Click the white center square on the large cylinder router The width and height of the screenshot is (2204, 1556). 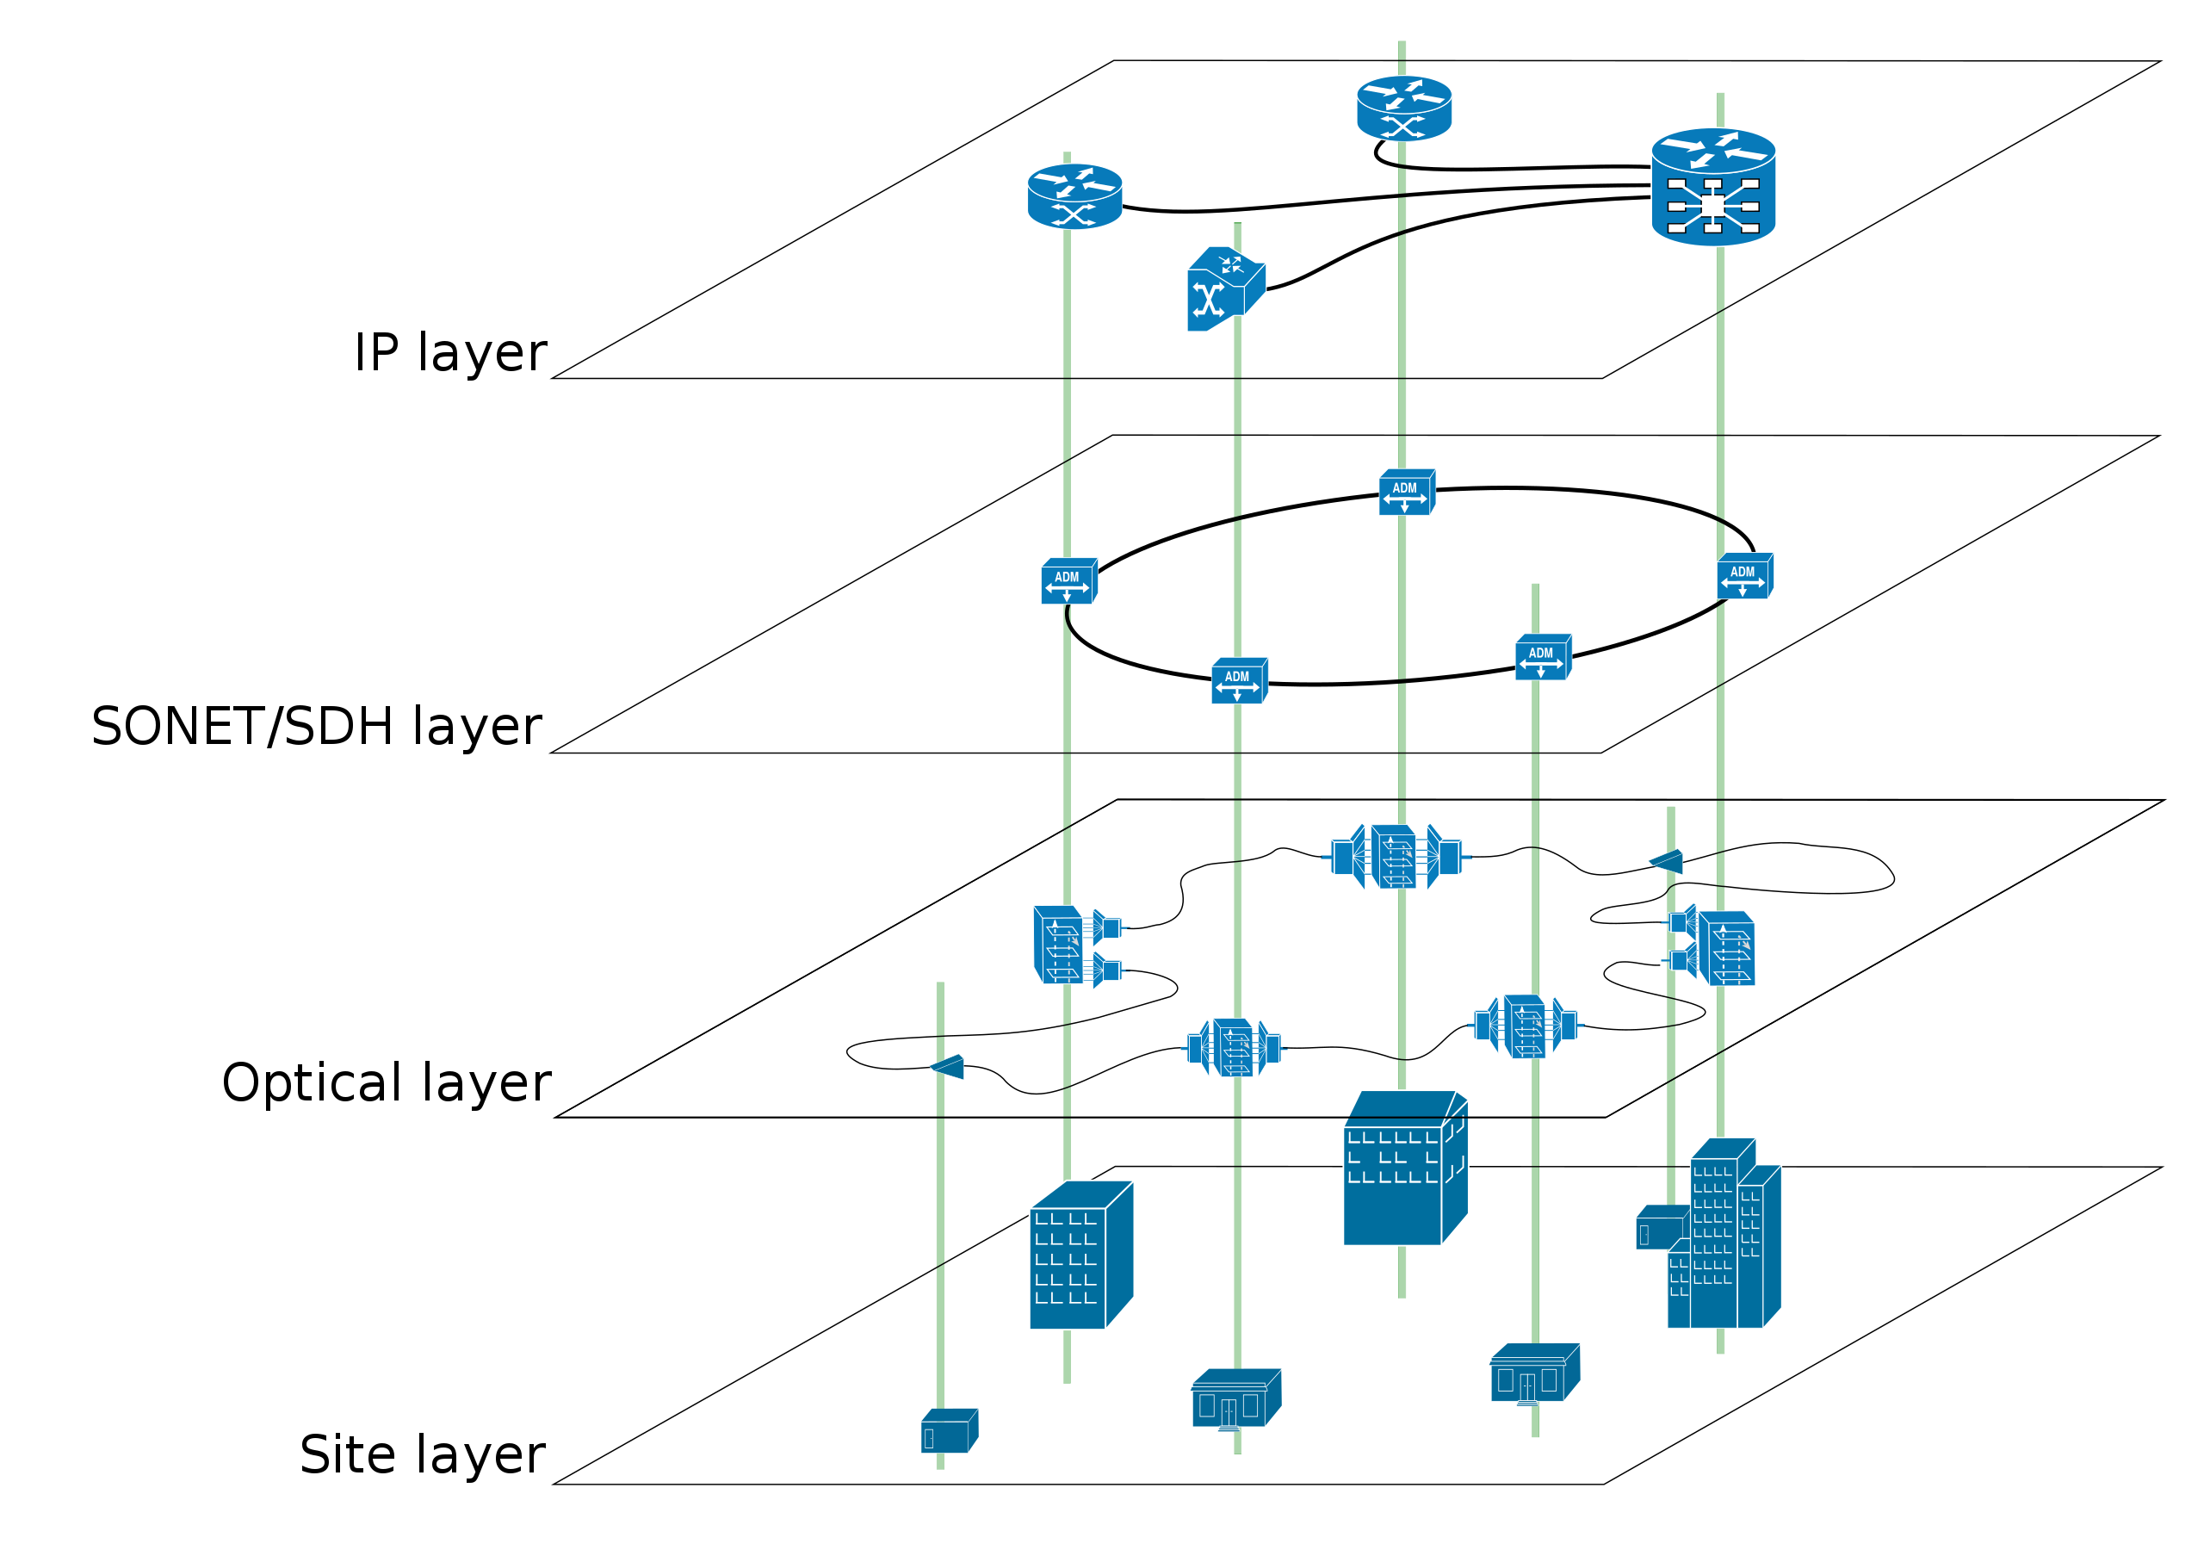[1712, 207]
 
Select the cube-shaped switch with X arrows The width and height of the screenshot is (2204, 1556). [1225, 289]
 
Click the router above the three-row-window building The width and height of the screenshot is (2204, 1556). [1403, 108]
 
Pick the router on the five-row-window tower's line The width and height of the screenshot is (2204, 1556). [1074, 195]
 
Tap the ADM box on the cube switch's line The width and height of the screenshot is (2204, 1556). [1238, 680]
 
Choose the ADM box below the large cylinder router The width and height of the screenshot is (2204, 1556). [1744, 576]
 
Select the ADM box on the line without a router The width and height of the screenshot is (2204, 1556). [1543, 658]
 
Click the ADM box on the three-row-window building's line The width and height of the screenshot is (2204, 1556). [1406, 493]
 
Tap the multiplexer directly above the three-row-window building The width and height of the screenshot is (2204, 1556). [1396, 856]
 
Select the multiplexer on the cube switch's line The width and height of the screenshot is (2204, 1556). [1234, 1047]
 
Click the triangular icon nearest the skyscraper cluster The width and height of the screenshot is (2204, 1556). [1668, 861]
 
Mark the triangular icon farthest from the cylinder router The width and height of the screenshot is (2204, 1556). [949, 1066]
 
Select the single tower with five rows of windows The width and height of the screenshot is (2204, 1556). [1080, 1257]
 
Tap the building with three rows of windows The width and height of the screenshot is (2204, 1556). [1403, 1171]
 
